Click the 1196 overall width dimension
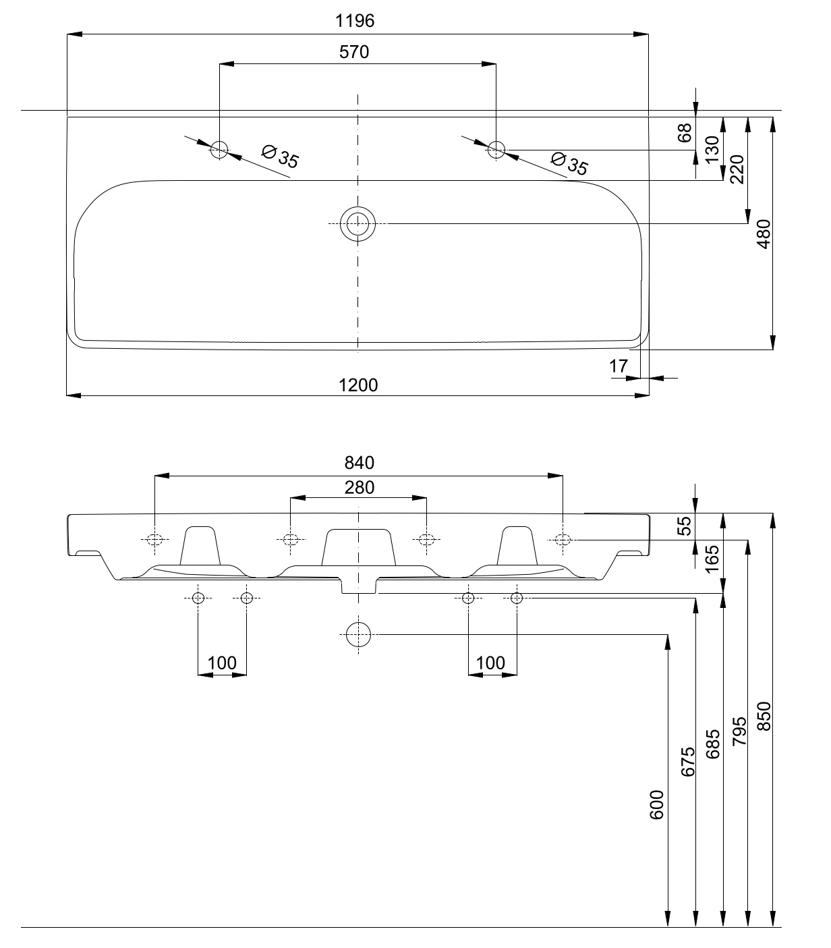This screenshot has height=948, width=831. (355, 21)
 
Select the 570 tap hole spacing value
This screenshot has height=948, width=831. (354, 52)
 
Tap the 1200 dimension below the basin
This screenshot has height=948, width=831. (358, 385)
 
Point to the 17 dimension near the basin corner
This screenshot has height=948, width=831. (618, 366)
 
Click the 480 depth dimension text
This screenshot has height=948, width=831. (763, 234)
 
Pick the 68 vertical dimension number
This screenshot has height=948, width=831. (685, 133)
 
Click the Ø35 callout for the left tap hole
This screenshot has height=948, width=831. (280, 157)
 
